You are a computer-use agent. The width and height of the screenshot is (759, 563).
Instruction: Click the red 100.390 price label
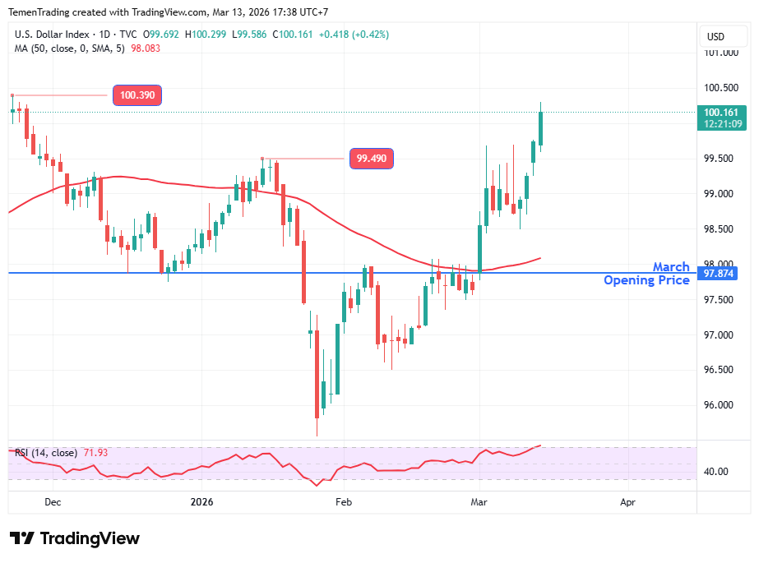pos(137,95)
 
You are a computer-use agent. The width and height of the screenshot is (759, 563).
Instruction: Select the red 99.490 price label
pos(371,159)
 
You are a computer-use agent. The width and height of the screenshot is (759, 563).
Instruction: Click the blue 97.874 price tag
pos(720,273)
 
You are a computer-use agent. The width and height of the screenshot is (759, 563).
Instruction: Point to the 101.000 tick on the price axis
pos(720,53)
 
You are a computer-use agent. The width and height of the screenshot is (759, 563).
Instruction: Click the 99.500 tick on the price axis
pos(720,159)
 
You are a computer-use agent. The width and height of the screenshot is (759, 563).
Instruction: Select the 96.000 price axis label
pos(720,404)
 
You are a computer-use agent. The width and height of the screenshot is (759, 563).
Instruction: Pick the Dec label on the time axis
pos(53,501)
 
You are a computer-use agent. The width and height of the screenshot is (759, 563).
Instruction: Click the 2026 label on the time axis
pos(201,501)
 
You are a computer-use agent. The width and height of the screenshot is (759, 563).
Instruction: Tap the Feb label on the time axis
pos(343,501)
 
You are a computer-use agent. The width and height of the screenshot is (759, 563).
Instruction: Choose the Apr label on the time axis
pos(627,501)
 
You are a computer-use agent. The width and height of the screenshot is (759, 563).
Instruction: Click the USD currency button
pos(715,36)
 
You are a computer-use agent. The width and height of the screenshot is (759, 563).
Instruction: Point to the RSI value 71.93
pos(95,453)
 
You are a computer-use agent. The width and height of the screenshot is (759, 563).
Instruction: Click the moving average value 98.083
pos(146,48)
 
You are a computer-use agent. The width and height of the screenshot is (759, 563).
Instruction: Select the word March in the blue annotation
pos(671,267)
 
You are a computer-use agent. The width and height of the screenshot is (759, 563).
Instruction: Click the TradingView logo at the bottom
pos(75,538)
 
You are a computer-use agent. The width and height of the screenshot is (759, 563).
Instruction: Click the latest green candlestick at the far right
pos(541,128)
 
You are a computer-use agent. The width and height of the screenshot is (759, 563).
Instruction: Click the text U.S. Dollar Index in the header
pos(49,35)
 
